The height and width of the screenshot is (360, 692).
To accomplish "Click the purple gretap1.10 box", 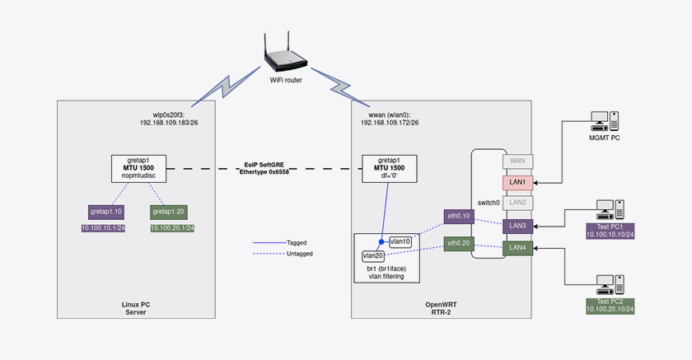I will coord(105,212).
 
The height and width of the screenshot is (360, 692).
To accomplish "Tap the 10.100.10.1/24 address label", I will coord(102,228).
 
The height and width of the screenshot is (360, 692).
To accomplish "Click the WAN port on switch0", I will coord(517,161).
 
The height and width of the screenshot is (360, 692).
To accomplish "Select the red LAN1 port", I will coord(517,181).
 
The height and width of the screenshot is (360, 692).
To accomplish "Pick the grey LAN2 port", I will coord(517,202).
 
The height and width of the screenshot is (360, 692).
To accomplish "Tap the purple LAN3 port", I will coord(517,225).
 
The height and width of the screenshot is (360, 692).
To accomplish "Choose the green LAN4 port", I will coord(517,247).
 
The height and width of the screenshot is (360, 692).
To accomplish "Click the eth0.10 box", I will coord(459,216).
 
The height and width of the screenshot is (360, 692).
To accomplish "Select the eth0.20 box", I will coord(459,244).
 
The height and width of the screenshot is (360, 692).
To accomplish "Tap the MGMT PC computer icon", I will coord(605,122).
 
